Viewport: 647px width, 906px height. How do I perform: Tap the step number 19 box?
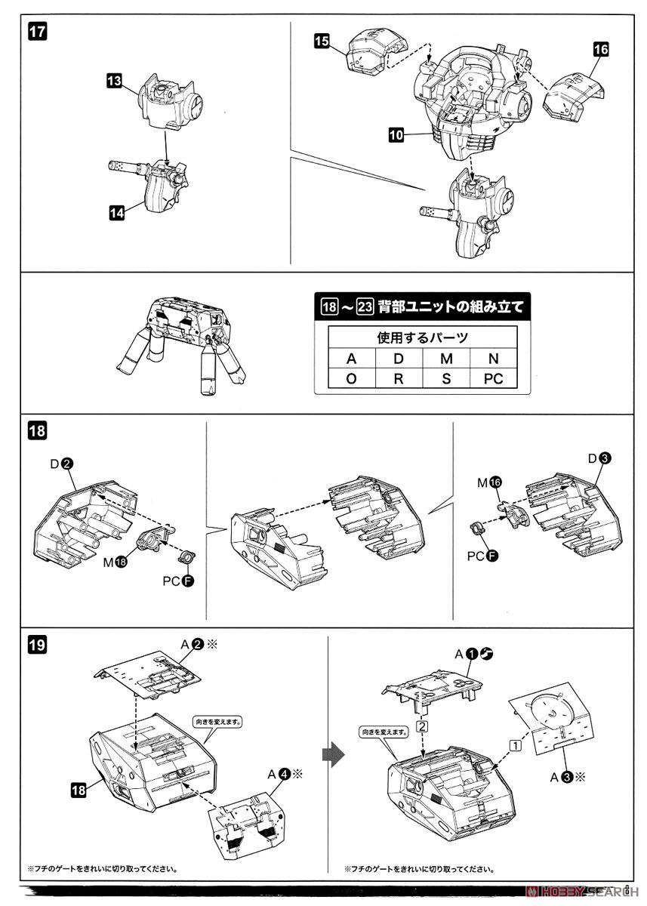click(x=37, y=646)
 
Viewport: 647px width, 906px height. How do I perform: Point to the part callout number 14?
click(x=116, y=213)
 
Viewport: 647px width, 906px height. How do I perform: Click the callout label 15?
click(x=322, y=42)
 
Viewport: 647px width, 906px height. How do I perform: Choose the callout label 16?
click(x=600, y=50)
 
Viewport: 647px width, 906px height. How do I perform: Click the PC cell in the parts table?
click(x=493, y=378)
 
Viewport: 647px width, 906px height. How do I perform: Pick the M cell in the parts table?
click(x=446, y=358)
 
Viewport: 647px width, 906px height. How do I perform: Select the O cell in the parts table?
click(x=351, y=378)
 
